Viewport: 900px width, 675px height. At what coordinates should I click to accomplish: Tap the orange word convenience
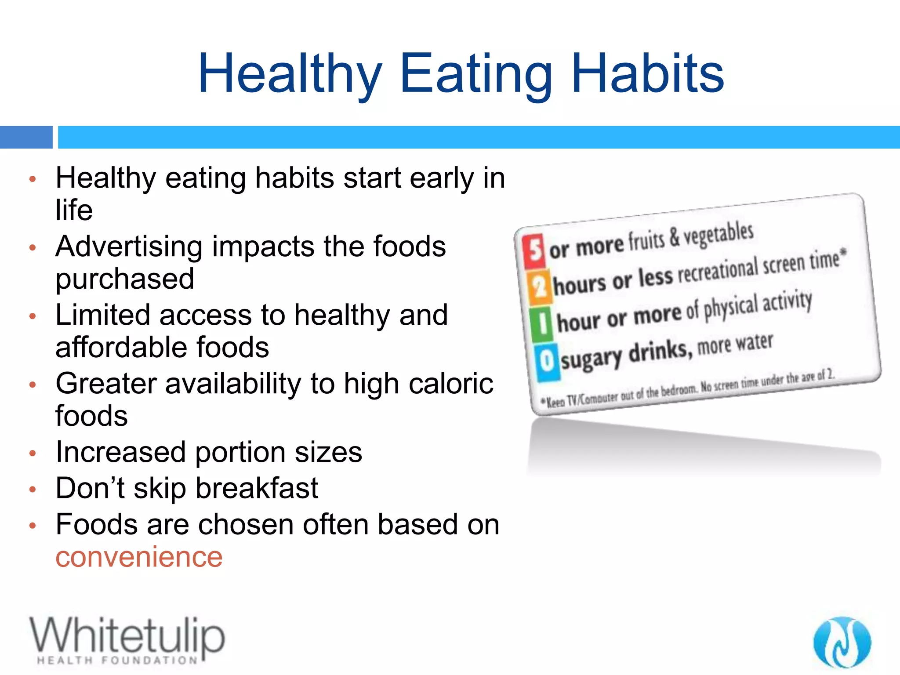tap(139, 557)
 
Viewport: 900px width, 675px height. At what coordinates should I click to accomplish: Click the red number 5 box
tap(533, 251)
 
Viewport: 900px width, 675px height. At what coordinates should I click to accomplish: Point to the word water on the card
tap(754, 343)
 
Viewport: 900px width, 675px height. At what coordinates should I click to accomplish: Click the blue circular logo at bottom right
tap(842, 642)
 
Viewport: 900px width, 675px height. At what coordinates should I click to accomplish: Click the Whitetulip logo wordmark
tap(127, 635)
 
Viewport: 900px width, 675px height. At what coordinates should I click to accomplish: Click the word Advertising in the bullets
tap(129, 247)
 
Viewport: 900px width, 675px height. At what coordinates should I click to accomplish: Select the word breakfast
tap(257, 488)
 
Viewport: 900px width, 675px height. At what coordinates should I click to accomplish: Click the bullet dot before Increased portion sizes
tap(32, 453)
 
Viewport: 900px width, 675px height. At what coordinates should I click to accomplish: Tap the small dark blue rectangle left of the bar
tap(26, 137)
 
